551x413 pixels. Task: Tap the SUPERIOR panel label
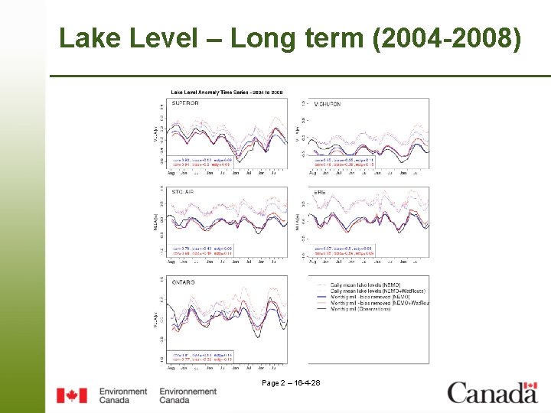pos(184,103)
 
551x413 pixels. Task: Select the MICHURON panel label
pos(328,104)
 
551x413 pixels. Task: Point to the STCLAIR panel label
pos(184,193)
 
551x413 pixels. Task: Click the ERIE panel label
pos(320,193)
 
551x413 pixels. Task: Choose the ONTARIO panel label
pos(184,282)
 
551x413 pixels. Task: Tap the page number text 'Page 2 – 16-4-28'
pos(291,382)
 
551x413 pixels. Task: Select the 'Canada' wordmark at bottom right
pos(492,393)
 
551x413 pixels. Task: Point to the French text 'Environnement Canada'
pos(187,395)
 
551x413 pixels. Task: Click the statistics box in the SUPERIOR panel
pos(201,162)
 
